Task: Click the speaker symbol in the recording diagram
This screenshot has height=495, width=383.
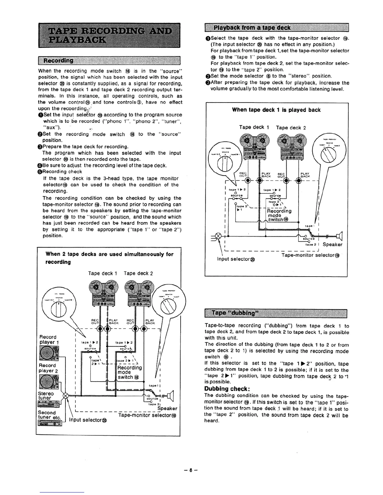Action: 171,396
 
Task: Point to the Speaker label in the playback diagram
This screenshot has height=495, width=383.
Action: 332,244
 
